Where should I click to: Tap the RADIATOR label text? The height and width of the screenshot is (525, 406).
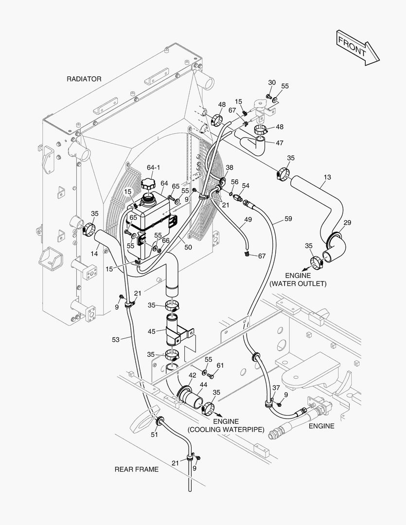tap(84, 79)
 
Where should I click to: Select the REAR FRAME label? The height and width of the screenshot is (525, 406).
tap(136, 469)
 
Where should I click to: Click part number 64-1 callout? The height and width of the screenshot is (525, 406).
tap(153, 168)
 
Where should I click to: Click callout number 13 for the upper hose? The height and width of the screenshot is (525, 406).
tap(327, 177)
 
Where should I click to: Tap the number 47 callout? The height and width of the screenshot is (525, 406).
tap(279, 143)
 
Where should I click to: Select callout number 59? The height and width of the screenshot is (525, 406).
tap(288, 219)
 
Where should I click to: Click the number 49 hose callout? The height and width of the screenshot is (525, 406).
tap(248, 220)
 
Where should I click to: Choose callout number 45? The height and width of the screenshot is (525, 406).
tap(151, 332)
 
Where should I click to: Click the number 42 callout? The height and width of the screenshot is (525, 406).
tap(193, 375)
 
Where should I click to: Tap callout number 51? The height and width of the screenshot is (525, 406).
tap(154, 435)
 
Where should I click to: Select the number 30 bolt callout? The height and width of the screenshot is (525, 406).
tap(272, 82)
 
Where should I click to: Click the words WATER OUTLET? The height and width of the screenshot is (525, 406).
tap(298, 283)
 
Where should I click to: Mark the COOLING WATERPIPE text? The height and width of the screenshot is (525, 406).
tap(226, 430)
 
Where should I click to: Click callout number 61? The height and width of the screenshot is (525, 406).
tap(220, 365)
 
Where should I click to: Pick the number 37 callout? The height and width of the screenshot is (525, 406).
tap(276, 387)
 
